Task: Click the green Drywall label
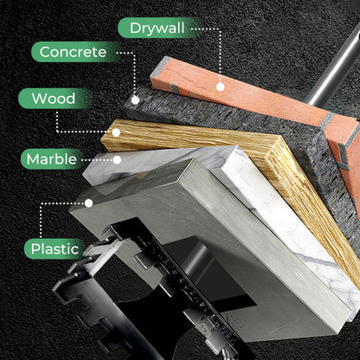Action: [158, 28]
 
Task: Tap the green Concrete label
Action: [74, 53]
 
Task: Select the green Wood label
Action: [54, 98]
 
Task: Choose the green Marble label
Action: [51, 159]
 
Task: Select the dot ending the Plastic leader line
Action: [89, 202]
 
